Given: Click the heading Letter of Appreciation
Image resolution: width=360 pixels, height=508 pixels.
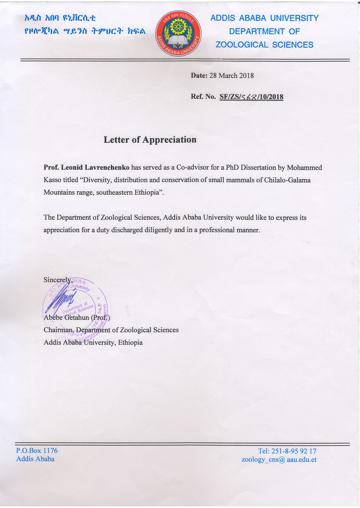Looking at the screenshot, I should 150,140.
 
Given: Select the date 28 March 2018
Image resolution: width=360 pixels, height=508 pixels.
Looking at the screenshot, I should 231,75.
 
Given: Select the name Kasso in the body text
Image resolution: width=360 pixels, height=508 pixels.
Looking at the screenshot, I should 52,180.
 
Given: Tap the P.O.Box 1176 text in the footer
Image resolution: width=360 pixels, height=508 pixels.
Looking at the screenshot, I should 37,450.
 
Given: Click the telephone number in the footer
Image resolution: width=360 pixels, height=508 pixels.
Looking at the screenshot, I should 287,451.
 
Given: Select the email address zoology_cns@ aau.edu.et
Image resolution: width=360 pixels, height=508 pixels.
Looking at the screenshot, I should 279,460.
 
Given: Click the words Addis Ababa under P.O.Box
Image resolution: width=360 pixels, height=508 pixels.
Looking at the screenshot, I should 35,459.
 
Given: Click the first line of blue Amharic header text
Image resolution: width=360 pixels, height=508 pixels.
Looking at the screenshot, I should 60,18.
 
